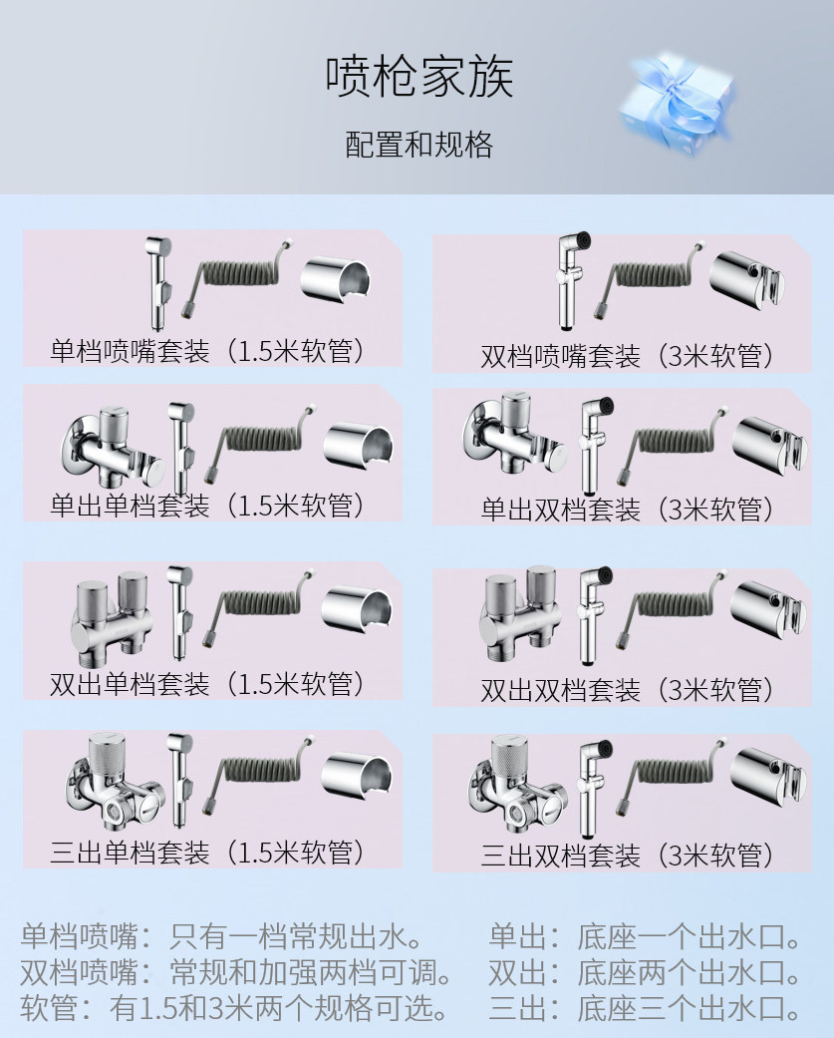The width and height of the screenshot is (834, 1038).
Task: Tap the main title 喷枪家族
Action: point(419,77)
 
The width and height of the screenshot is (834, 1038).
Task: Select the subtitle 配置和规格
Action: point(418,145)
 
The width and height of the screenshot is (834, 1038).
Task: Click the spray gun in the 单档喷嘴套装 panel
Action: point(158,283)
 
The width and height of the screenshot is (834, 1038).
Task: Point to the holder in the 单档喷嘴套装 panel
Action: point(336,279)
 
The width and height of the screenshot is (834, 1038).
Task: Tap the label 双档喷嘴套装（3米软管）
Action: point(627,356)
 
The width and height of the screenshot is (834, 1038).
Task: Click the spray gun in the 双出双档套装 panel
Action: point(593,615)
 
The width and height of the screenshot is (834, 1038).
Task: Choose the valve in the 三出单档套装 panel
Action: point(114,781)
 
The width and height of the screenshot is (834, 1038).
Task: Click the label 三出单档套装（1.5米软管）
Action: point(207,852)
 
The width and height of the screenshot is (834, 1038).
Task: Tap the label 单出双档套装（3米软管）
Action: point(627,510)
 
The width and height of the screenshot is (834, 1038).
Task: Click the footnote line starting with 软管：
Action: point(234,1007)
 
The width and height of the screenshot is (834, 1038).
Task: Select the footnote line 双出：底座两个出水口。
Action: point(645,972)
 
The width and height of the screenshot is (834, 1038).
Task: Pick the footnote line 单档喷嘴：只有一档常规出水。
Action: point(222,936)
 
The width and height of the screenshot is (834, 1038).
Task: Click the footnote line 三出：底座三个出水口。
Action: point(645,1008)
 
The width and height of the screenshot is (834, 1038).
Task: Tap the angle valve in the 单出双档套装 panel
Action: point(513,434)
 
